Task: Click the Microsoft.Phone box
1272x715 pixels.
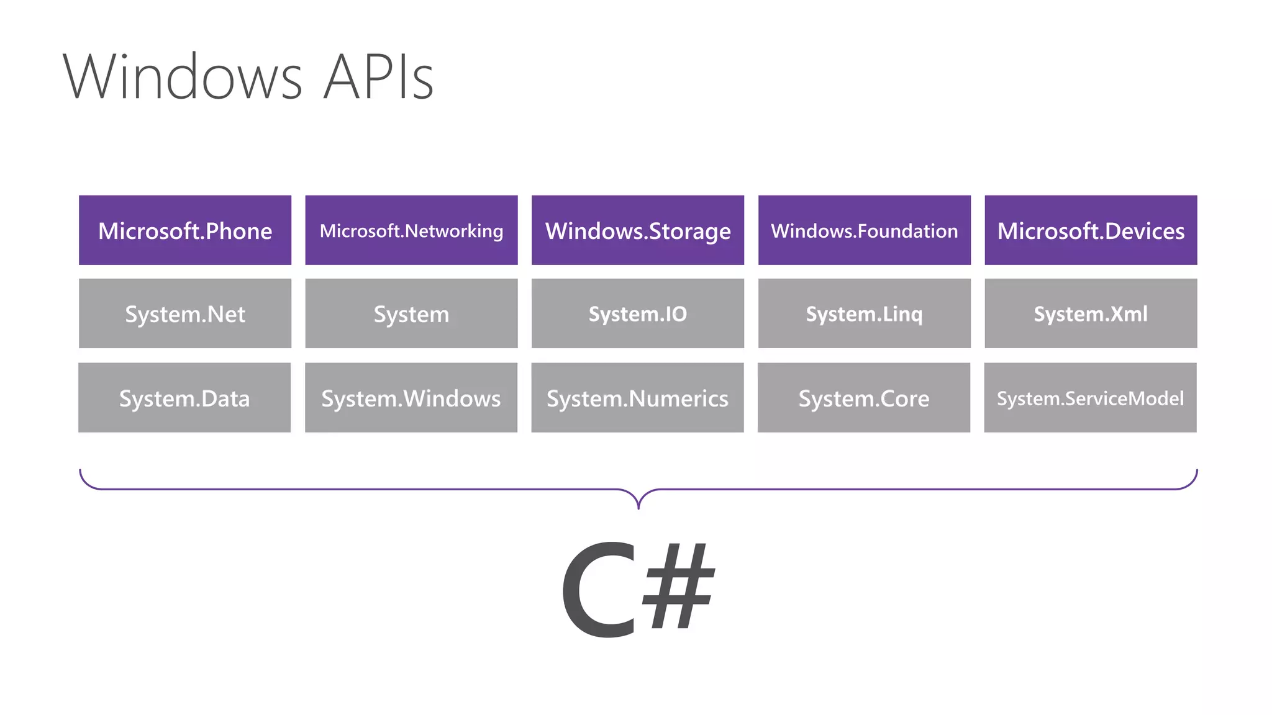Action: (x=185, y=230)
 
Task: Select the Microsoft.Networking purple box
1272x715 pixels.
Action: (x=411, y=230)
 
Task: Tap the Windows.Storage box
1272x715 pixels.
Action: (x=638, y=230)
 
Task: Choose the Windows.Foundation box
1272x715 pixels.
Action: (x=864, y=230)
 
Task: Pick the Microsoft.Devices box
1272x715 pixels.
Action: (x=1091, y=230)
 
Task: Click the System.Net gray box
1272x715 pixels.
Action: (x=185, y=313)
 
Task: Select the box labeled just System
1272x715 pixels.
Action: (x=411, y=313)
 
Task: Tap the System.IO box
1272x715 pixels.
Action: (x=638, y=313)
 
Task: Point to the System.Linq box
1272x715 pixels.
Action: (x=864, y=313)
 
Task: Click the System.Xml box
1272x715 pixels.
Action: (x=1091, y=313)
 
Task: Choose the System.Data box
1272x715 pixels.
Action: (x=184, y=398)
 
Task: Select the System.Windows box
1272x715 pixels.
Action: (x=411, y=398)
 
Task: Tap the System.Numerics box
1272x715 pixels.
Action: (x=637, y=398)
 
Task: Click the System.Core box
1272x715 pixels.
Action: (x=864, y=398)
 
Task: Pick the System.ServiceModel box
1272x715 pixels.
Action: (x=1090, y=398)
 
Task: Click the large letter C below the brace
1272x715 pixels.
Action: (x=599, y=590)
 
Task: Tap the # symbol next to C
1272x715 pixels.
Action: (x=678, y=587)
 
